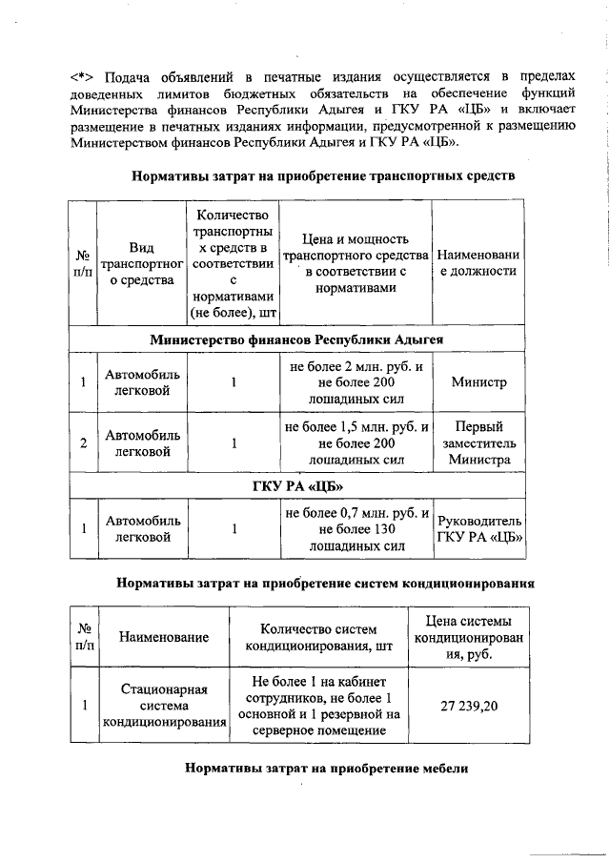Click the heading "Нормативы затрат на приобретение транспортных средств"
tap(323, 175)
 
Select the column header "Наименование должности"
tap(478, 263)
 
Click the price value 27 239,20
tap(469, 706)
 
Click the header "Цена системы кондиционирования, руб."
tap(469, 637)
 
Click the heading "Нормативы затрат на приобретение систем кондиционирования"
tap(323, 581)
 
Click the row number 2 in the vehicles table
tap(83, 442)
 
